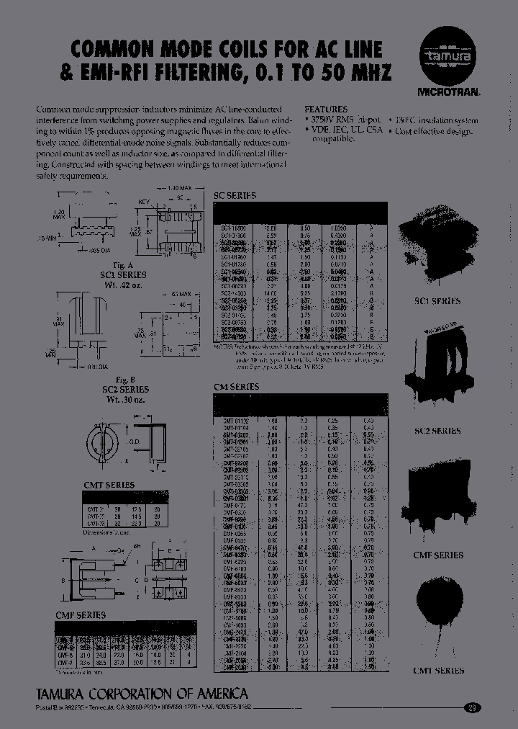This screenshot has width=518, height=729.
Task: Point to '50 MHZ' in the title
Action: click(x=357, y=73)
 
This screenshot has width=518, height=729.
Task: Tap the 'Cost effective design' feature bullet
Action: click(x=434, y=131)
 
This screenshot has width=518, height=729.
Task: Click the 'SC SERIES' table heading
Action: click(x=235, y=195)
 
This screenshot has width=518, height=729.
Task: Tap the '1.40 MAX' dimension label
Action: click(x=180, y=188)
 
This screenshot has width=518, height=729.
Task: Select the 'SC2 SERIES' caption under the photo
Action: click(x=437, y=431)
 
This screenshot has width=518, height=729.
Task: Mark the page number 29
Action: click(x=472, y=707)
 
